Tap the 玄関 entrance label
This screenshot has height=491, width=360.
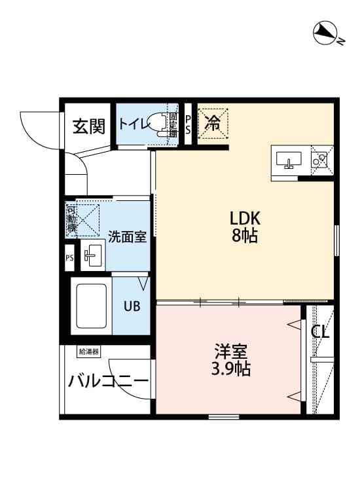click(x=88, y=126)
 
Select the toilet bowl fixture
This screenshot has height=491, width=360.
click(x=157, y=123)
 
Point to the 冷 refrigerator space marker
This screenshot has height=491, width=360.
click(x=213, y=122)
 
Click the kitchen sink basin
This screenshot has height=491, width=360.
click(x=288, y=159)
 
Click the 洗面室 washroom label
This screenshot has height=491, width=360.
click(x=127, y=236)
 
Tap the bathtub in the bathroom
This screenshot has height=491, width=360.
click(x=92, y=306)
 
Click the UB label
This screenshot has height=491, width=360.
click(x=132, y=306)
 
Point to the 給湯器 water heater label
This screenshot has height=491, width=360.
click(x=88, y=352)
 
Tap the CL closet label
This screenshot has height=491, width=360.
click(x=320, y=332)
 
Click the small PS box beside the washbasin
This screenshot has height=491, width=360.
click(x=69, y=257)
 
